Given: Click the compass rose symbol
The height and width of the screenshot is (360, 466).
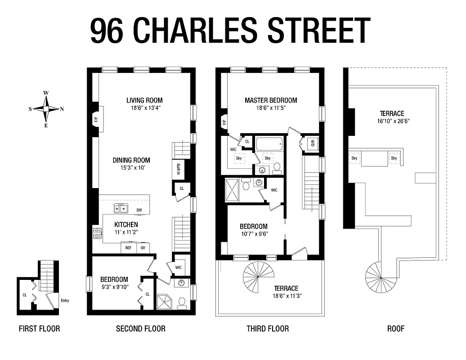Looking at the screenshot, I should click(x=46, y=108).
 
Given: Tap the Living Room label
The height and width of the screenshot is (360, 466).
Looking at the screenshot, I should click(x=144, y=100).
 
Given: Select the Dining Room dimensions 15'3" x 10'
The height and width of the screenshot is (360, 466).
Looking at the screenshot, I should click(x=131, y=167).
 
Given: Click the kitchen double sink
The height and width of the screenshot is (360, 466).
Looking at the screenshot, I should click(x=121, y=208).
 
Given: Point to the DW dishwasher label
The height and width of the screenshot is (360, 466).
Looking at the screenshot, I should click(x=139, y=210).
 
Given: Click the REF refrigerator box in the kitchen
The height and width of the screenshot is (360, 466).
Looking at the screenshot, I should click(x=128, y=247).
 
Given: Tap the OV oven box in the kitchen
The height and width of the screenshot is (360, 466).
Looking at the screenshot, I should click(x=143, y=247).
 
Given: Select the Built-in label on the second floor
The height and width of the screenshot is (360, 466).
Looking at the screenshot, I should click(x=179, y=170).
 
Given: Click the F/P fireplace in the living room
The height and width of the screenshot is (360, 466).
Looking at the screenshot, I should click(x=96, y=120).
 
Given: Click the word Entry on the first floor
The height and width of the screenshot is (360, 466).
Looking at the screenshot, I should click(x=64, y=301).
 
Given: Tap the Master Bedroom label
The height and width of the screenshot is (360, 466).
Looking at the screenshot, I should click(x=271, y=100).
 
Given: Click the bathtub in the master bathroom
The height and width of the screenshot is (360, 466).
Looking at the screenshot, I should click(x=269, y=145).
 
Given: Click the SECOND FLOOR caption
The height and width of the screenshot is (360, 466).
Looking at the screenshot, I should click(x=140, y=328).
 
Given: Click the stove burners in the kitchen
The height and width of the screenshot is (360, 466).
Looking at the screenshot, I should click(x=97, y=233).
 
